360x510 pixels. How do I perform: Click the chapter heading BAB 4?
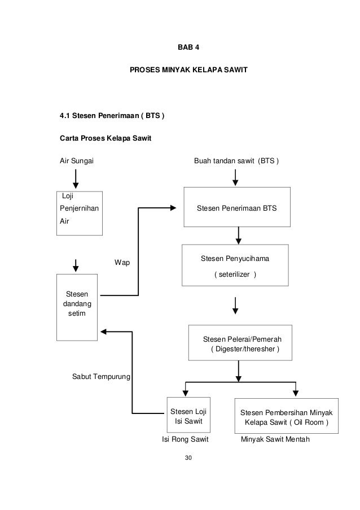(188, 47)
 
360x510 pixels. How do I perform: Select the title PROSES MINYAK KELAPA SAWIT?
(188, 69)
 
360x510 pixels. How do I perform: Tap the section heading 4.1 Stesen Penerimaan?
(112, 115)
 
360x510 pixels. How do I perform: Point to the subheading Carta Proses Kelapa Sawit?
(106, 138)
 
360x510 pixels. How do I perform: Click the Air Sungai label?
(77, 160)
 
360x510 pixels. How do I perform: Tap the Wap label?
(122, 263)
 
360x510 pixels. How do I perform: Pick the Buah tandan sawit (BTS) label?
(236, 160)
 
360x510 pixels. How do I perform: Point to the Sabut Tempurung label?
(101, 377)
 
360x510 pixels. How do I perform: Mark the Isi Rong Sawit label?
(185, 439)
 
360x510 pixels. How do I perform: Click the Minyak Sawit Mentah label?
(275, 439)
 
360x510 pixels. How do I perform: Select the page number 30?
(188, 457)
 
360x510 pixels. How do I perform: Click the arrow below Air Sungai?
(76, 178)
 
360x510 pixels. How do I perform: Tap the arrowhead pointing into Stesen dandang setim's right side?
(103, 332)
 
